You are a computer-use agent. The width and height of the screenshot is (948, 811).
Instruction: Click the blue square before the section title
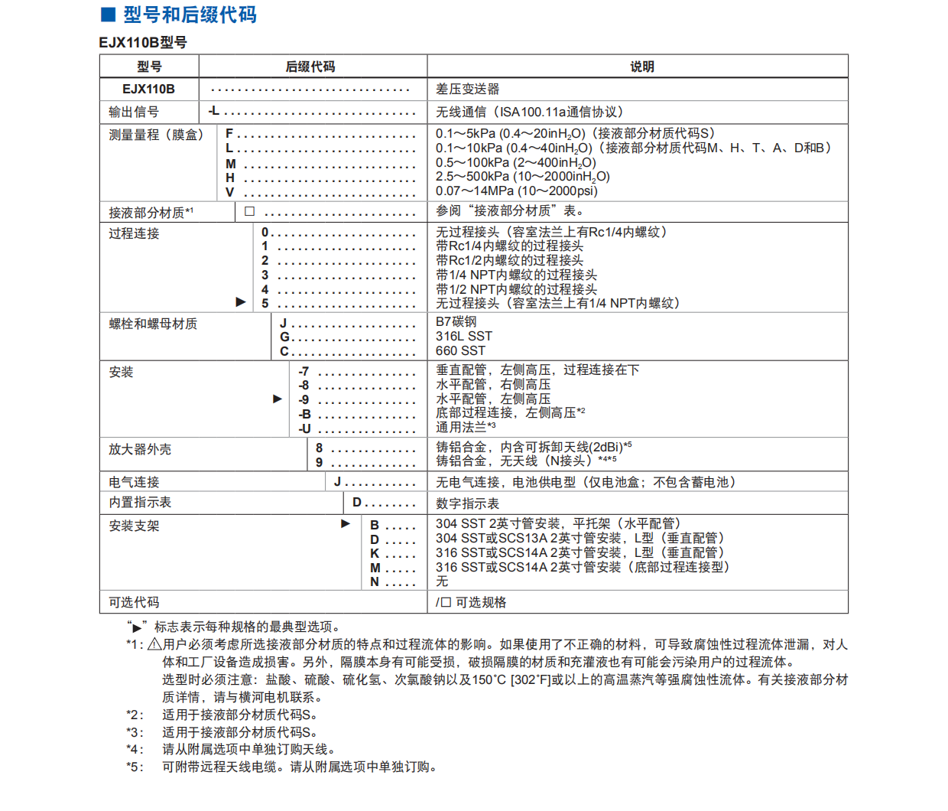(109, 14)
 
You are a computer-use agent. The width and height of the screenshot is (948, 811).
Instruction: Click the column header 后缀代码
(310, 67)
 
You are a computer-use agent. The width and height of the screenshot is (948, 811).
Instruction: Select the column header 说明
(641, 67)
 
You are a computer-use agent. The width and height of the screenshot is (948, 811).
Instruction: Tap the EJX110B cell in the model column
(148, 89)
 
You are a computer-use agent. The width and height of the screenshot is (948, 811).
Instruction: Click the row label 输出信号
(134, 112)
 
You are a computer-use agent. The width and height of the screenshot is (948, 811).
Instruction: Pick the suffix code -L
(214, 111)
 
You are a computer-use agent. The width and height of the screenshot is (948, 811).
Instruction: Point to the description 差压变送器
(467, 89)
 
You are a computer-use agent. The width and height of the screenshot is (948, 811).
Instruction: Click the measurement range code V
(229, 192)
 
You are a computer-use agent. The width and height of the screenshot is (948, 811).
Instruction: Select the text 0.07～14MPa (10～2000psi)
(516, 191)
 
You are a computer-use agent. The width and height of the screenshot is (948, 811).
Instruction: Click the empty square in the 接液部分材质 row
(249, 211)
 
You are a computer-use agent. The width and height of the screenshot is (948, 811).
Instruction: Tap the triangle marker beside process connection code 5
(241, 302)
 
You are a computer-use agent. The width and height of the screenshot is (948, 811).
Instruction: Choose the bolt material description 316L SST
(463, 337)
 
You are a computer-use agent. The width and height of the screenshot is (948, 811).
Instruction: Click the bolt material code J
(283, 323)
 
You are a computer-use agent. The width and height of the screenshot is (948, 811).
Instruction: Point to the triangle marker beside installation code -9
(278, 399)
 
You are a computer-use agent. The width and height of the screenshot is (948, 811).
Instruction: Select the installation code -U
(304, 428)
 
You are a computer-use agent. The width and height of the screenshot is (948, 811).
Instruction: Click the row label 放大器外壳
(140, 449)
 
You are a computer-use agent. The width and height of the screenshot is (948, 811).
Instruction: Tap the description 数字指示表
(467, 503)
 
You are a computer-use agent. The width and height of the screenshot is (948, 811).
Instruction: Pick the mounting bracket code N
(375, 582)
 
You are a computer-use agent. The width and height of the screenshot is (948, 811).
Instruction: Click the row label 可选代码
(134, 602)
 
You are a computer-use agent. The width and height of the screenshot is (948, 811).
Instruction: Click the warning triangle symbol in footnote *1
(154, 644)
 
